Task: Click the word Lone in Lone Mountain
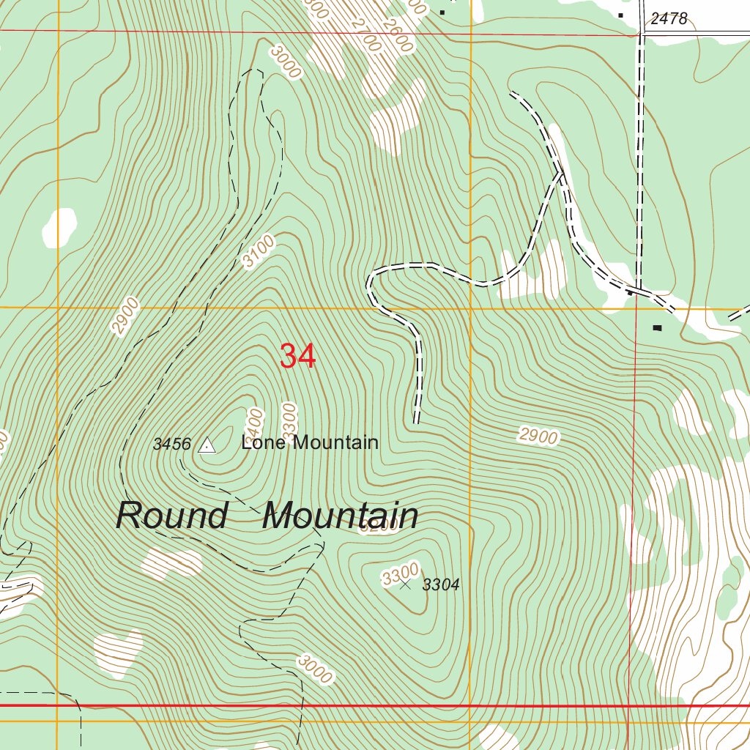265,442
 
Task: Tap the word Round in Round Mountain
172,516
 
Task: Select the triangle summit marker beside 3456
207,445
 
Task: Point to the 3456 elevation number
172,444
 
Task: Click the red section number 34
298,356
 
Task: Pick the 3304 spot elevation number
441,584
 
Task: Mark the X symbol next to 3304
405,584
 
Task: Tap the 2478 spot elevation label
669,18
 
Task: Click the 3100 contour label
259,250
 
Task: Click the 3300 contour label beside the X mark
400,573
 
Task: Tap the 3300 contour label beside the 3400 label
289,418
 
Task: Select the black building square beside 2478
621,14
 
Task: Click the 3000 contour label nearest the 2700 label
285,62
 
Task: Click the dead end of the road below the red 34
416,422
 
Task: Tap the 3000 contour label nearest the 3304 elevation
315,669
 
